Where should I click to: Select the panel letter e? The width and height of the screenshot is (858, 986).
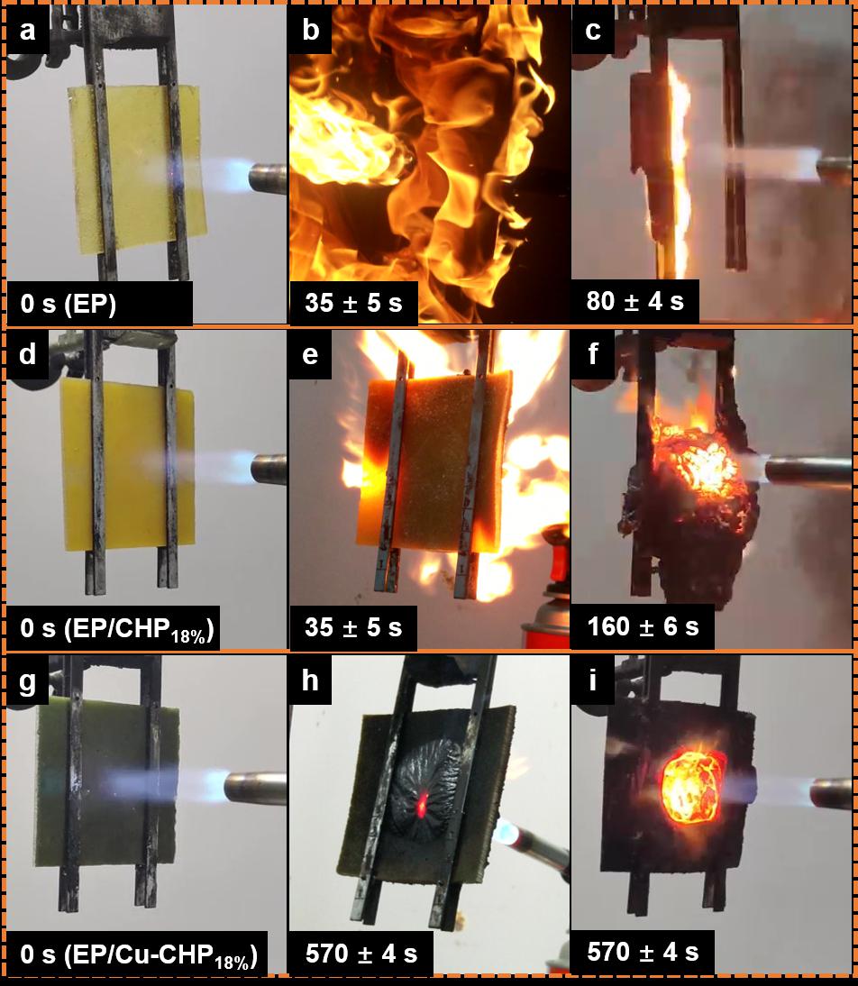click(x=310, y=355)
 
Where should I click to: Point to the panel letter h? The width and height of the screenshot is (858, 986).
click(x=310, y=680)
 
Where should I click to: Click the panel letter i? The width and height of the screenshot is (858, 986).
click(x=592, y=680)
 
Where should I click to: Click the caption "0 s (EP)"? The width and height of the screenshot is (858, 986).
click(x=68, y=304)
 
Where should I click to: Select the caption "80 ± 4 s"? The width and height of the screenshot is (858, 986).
click(x=634, y=301)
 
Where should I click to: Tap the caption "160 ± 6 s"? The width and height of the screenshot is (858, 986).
click(x=643, y=626)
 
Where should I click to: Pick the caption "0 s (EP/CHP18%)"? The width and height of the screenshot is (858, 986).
click(x=117, y=629)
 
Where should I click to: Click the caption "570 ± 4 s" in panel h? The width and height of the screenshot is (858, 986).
click(x=361, y=954)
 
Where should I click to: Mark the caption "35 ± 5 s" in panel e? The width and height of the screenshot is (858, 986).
click(x=353, y=627)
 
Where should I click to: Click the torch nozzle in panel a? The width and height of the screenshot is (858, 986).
click(x=268, y=178)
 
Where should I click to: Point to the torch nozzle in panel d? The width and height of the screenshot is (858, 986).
click(x=269, y=469)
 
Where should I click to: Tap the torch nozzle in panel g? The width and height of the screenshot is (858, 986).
click(x=256, y=788)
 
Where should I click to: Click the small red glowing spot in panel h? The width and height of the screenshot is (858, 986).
click(x=422, y=806)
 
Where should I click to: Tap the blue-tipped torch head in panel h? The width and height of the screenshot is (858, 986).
click(x=507, y=833)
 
